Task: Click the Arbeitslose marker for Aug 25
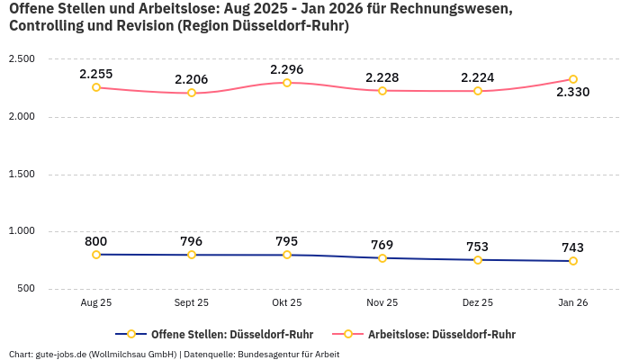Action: [96, 87]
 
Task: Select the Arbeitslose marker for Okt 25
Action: [287, 83]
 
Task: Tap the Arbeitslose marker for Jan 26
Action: [573, 79]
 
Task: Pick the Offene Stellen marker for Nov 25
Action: [382, 258]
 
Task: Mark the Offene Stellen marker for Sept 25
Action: [192, 255]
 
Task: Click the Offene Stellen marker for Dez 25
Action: [478, 260]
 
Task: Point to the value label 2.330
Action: [572, 92]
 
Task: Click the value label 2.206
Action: [191, 79]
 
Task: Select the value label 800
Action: [96, 241]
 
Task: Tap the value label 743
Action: [572, 247]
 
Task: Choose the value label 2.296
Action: [286, 69]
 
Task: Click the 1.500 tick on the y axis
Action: [22, 174]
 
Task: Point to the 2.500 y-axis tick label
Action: [22, 59]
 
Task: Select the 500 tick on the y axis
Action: [25, 289]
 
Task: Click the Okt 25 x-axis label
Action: [286, 303]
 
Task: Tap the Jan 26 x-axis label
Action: [572, 303]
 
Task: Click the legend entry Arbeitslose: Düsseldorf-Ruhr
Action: [441, 334]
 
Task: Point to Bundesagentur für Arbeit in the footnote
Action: [289, 354]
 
